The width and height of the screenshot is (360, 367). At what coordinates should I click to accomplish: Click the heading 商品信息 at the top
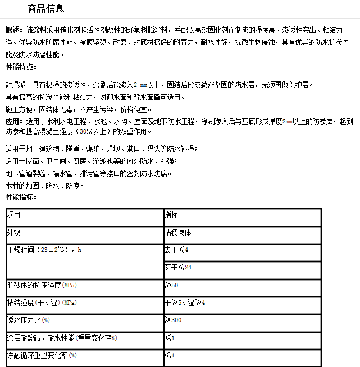45,8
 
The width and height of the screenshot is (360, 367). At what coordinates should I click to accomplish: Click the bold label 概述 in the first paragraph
14,30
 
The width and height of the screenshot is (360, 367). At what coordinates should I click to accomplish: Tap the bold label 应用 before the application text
13,121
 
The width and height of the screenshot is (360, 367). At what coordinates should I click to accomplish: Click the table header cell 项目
14,214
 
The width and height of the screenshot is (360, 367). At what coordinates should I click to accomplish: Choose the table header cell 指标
171,214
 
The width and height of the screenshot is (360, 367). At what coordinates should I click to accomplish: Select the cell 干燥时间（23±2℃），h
44,249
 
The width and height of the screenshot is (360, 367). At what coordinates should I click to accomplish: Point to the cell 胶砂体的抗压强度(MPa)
42,285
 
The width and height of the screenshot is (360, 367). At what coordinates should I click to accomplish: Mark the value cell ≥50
171,285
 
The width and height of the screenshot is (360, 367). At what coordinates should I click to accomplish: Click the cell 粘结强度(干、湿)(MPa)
42,302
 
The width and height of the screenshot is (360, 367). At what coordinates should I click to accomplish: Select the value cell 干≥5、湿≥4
185,302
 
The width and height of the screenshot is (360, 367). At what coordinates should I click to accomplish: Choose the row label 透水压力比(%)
28,320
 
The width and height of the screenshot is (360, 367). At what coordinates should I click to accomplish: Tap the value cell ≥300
173,320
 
